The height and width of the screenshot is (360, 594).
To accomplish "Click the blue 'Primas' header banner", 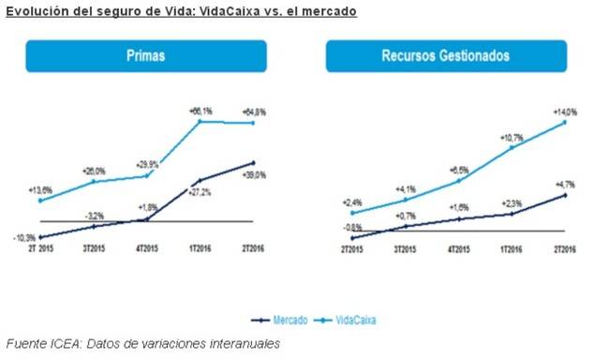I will [146, 56].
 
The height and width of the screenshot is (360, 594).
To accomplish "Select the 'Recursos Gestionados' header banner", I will [446, 56].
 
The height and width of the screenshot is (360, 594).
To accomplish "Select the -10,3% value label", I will [24, 237].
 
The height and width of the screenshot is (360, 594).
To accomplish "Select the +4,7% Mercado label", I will [565, 186].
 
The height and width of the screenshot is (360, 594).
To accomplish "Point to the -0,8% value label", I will [352, 227].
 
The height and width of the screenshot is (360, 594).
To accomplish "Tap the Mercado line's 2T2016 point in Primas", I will [253, 163].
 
